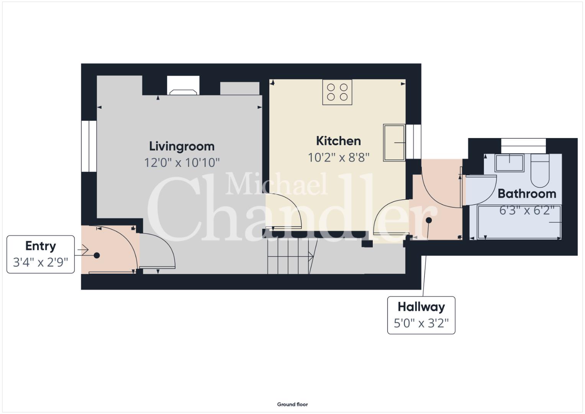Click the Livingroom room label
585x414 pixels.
(x=182, y=146)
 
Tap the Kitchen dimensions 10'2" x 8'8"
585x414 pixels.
(x=339, y=158)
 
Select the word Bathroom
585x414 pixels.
(x=527, y=194)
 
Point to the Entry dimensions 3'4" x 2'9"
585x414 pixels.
(x=41, y=262)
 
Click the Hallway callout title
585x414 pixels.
(x=421, y=307)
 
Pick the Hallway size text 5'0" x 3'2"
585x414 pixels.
(x=421, y=323)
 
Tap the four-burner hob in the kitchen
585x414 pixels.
(x=337, y=92)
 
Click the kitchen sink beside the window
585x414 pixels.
(x=394, y=143)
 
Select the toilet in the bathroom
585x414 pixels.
(x=540, y=171)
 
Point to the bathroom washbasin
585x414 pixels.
(x=510, y=163)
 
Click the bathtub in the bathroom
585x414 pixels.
(x=519, y=222)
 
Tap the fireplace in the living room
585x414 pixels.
(x=183, y=85)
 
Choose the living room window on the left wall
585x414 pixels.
(x=89, y=146)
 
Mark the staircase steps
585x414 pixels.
(x=293, y=256)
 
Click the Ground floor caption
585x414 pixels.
(x=293, y=404)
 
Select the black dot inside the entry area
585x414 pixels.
(x=97, y=255)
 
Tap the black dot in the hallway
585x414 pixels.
(x=429, y=220)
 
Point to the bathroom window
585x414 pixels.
(x=523, y=146)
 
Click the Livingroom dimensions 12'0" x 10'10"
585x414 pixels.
(x=182, y=163)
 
